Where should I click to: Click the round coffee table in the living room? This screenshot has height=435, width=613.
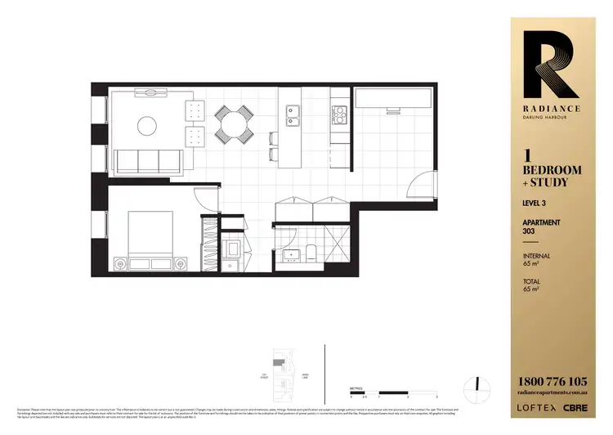click(147, 125)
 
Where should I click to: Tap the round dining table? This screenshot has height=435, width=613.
click(235, 125)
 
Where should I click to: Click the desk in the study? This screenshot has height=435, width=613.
click(394, 97)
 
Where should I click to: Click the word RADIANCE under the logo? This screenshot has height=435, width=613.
click(543, 107)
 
